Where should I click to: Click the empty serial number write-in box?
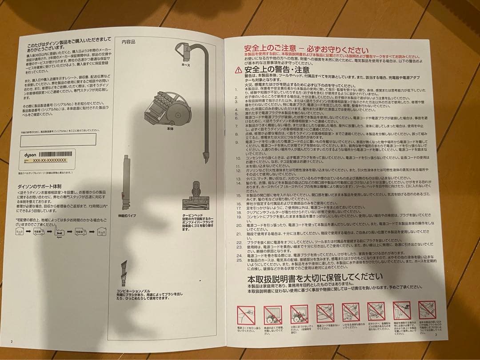click(58, 140)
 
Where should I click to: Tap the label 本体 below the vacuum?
click(170, 128)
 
